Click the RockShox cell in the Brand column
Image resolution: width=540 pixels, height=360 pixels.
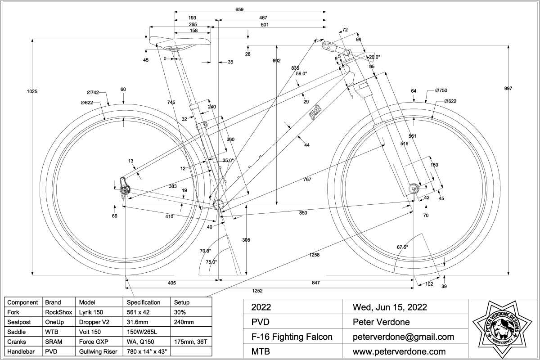pos(56,311)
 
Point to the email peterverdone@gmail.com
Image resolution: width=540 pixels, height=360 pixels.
pos(403,337)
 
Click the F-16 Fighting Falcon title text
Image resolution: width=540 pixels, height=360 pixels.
pos(292,337)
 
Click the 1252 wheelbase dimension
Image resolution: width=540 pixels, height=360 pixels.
pos(257,291)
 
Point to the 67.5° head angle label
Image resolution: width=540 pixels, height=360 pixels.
pos(402,247)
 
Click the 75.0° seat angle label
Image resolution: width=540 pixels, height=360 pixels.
pos(211,262)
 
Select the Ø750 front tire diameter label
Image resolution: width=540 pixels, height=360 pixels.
pos(441,90)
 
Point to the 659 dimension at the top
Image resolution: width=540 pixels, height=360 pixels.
pos(240,9)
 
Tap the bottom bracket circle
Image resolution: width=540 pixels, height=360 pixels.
pos(219,203)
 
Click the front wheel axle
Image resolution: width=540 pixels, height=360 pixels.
pos(414,188)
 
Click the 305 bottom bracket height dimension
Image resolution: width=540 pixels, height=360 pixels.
pos(246,240)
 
